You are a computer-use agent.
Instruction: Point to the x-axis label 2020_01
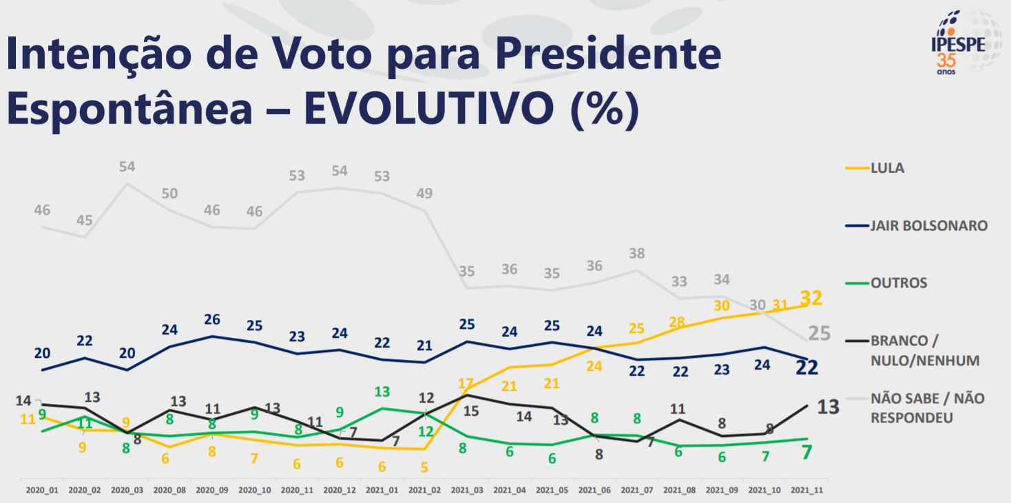coord(42,491)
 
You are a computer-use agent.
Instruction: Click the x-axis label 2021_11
coord(806,491)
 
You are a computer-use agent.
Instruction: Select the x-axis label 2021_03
coord(467,491)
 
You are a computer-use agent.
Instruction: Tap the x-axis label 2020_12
coord(340,491)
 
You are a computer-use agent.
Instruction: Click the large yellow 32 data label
coord(811,299)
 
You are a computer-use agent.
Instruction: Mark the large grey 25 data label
coord(819,334)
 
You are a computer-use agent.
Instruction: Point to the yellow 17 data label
coord(467,383)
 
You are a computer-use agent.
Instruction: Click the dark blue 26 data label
coord(212,320)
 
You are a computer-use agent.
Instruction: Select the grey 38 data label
coord(636,253)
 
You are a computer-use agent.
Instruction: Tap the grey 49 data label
coord(424,193)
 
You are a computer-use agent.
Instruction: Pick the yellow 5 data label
coord(424,468)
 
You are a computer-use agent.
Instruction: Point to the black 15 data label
coord(471,412)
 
